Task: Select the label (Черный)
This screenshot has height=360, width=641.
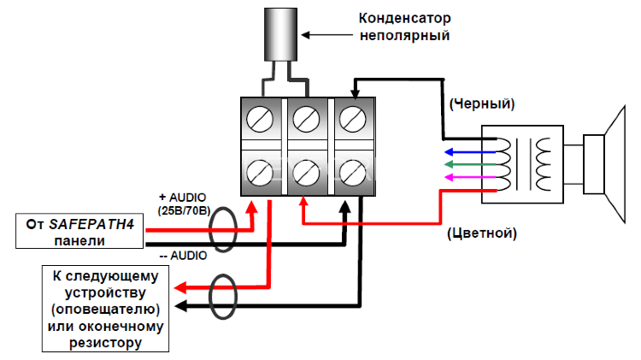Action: coord(480,104)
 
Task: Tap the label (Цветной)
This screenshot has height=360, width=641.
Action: coord(481,232)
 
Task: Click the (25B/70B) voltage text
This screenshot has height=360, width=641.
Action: coord(184,208)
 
